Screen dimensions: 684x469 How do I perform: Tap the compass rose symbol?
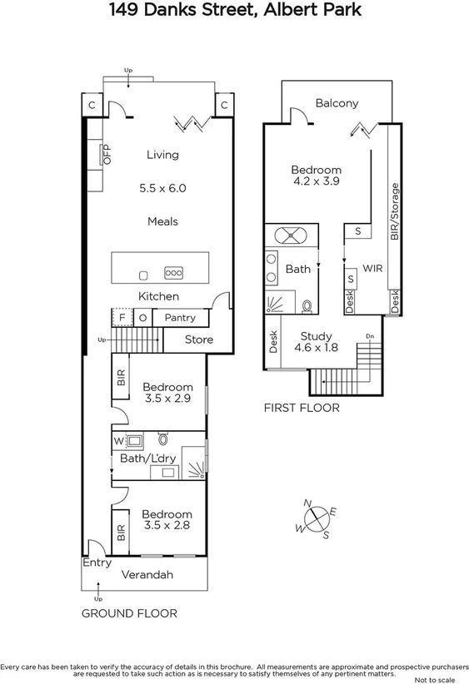point(317,519)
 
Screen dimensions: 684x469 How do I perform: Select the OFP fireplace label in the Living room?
point(107,156)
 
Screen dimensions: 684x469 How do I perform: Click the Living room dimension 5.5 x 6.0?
point(162,188)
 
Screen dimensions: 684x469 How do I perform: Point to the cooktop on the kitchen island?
point(174,272)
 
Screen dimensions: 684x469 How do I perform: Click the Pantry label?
point(179,318)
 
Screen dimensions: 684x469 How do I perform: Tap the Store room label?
point(198,340)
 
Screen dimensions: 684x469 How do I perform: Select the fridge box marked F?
point(122,318)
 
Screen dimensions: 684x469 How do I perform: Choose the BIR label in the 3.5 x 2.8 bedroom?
point(121,533)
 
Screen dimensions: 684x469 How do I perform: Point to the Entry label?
point(97,563)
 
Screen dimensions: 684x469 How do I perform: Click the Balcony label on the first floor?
point(337,104)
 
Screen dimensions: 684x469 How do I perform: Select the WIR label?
point(371,268)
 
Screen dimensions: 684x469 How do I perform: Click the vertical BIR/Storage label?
point(395,211)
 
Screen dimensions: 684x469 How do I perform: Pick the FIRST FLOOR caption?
point(302,408)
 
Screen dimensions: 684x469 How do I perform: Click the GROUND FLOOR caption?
point(129,613)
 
